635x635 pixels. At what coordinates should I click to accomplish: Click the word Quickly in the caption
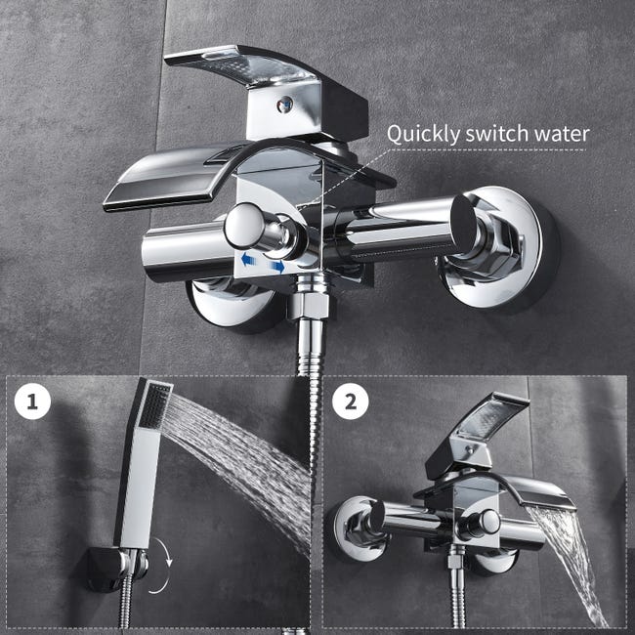(x=422, y=134)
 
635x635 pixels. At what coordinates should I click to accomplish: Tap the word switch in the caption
(x=492, y=134)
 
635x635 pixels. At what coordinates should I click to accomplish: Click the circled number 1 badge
(x=34, y=402)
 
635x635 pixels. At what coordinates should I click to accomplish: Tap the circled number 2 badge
(x=350, y=402)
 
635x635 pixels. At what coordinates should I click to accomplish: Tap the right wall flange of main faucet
(x=498, y=244)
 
